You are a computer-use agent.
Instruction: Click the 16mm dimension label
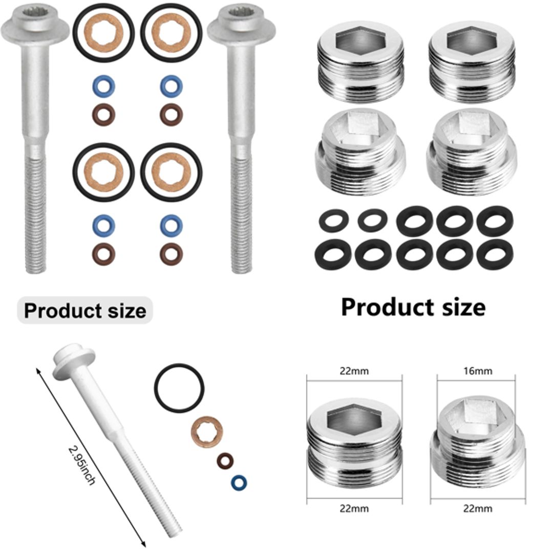pyautogui.click(x=476, y=371)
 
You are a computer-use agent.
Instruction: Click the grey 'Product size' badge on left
pyautogui.click(x=85, y=311)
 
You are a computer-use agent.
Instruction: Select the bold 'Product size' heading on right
pyautogui.click(x=413, y=307)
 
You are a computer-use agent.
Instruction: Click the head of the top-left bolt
pyautogui.click(x=35, y=23)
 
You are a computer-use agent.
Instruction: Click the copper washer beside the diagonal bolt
pyautogui.click(x=207, y=431)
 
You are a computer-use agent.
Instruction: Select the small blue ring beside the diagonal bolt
pyautogui.click(x=238, y=482)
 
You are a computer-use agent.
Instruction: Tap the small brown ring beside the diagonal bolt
pyautogui.click(x=225, y=460)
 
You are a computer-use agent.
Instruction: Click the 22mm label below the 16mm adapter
pyautogui.click(x=477, y=508)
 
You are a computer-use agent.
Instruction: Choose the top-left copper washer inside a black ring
pyautogui.click(x=103, y=32)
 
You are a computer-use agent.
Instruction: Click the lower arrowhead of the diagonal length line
pyautogui.click(x=144, y=544)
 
